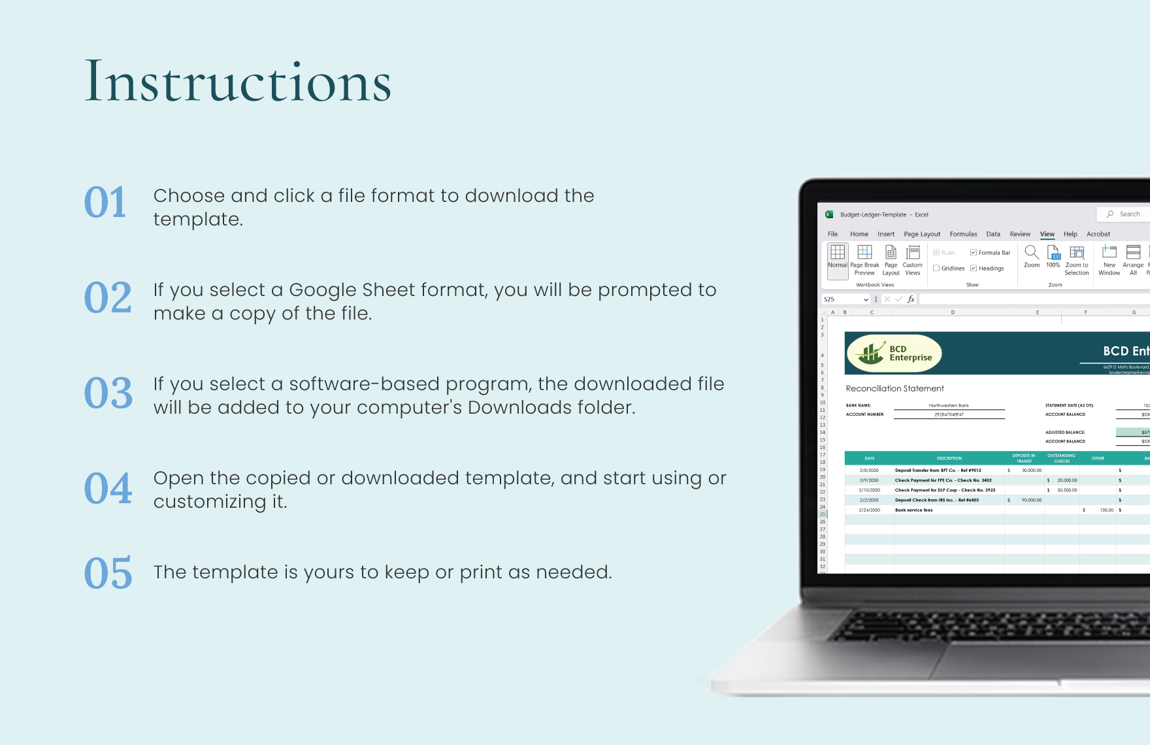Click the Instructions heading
click(238, 82)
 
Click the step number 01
click(105, 203)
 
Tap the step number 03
click(108, 393)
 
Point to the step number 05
click(108, 574)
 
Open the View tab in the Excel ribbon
click(1047, 234)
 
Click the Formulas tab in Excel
click(963, 234)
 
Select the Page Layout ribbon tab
click(921, 234)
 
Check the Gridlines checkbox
click(936, 268)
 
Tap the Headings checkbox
click(974, 268)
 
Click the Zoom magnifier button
click(1031, 256)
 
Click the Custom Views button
click(912, 259)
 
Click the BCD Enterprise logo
click(894, 353)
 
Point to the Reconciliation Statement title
click(895, 388)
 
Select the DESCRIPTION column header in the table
click(949, 458)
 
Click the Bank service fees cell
click(914, 510)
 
